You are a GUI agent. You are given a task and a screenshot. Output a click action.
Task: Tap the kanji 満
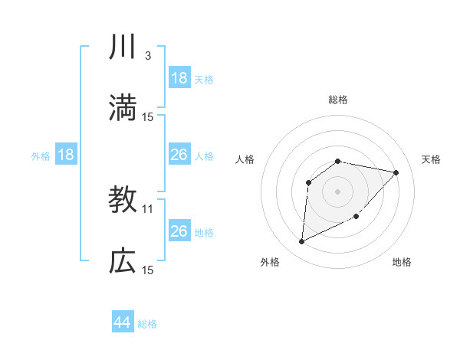point(123,107)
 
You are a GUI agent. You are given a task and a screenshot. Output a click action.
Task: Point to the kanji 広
point(123,260)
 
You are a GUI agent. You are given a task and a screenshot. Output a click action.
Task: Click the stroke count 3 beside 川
point(147,56)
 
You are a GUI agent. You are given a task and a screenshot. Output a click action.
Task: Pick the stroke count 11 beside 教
point(148,208)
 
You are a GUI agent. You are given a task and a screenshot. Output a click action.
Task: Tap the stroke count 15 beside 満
point(148,116)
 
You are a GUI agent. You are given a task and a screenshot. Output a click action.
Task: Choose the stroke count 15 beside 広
point(148,270)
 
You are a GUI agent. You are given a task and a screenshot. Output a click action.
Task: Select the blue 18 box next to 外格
point(66,155)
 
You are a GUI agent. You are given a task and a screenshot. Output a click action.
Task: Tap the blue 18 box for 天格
point(179,78)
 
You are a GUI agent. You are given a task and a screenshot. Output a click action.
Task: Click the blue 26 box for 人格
point(179,155)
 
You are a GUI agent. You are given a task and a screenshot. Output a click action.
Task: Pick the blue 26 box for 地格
point(179,231)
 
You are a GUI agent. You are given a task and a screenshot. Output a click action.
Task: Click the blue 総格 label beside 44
point(147,324)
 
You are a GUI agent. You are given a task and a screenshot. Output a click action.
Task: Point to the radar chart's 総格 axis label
point(337,100)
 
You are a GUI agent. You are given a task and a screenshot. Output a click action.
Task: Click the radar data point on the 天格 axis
point(396,172)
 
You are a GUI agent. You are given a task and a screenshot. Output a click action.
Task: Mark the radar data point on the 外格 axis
point(301,242)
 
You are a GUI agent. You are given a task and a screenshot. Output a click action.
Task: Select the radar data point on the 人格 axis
point(308,182)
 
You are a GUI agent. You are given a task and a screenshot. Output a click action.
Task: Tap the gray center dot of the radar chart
point(337,191)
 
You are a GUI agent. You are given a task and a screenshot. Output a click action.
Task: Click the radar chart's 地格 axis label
point(402,262)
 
